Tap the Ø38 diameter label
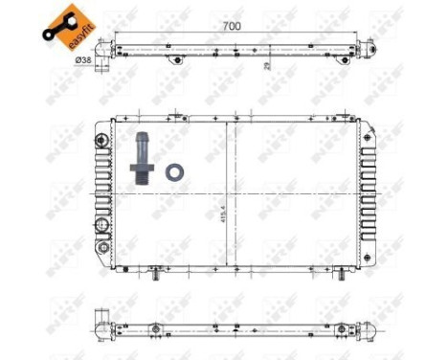point(83,59)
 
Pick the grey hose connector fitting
point(144,152)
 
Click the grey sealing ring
point(175,173)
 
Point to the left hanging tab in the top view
point(175,60)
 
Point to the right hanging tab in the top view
point(301,60)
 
